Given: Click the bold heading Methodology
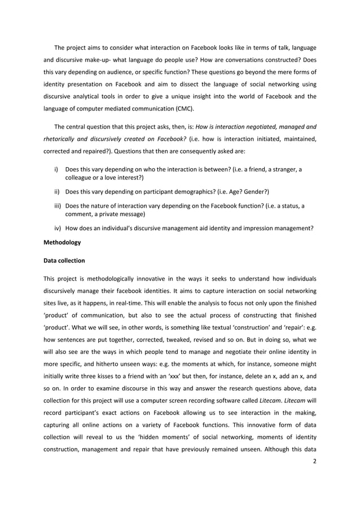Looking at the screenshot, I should click(x=62, y=243).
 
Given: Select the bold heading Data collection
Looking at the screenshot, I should click(x=65, y=261).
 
